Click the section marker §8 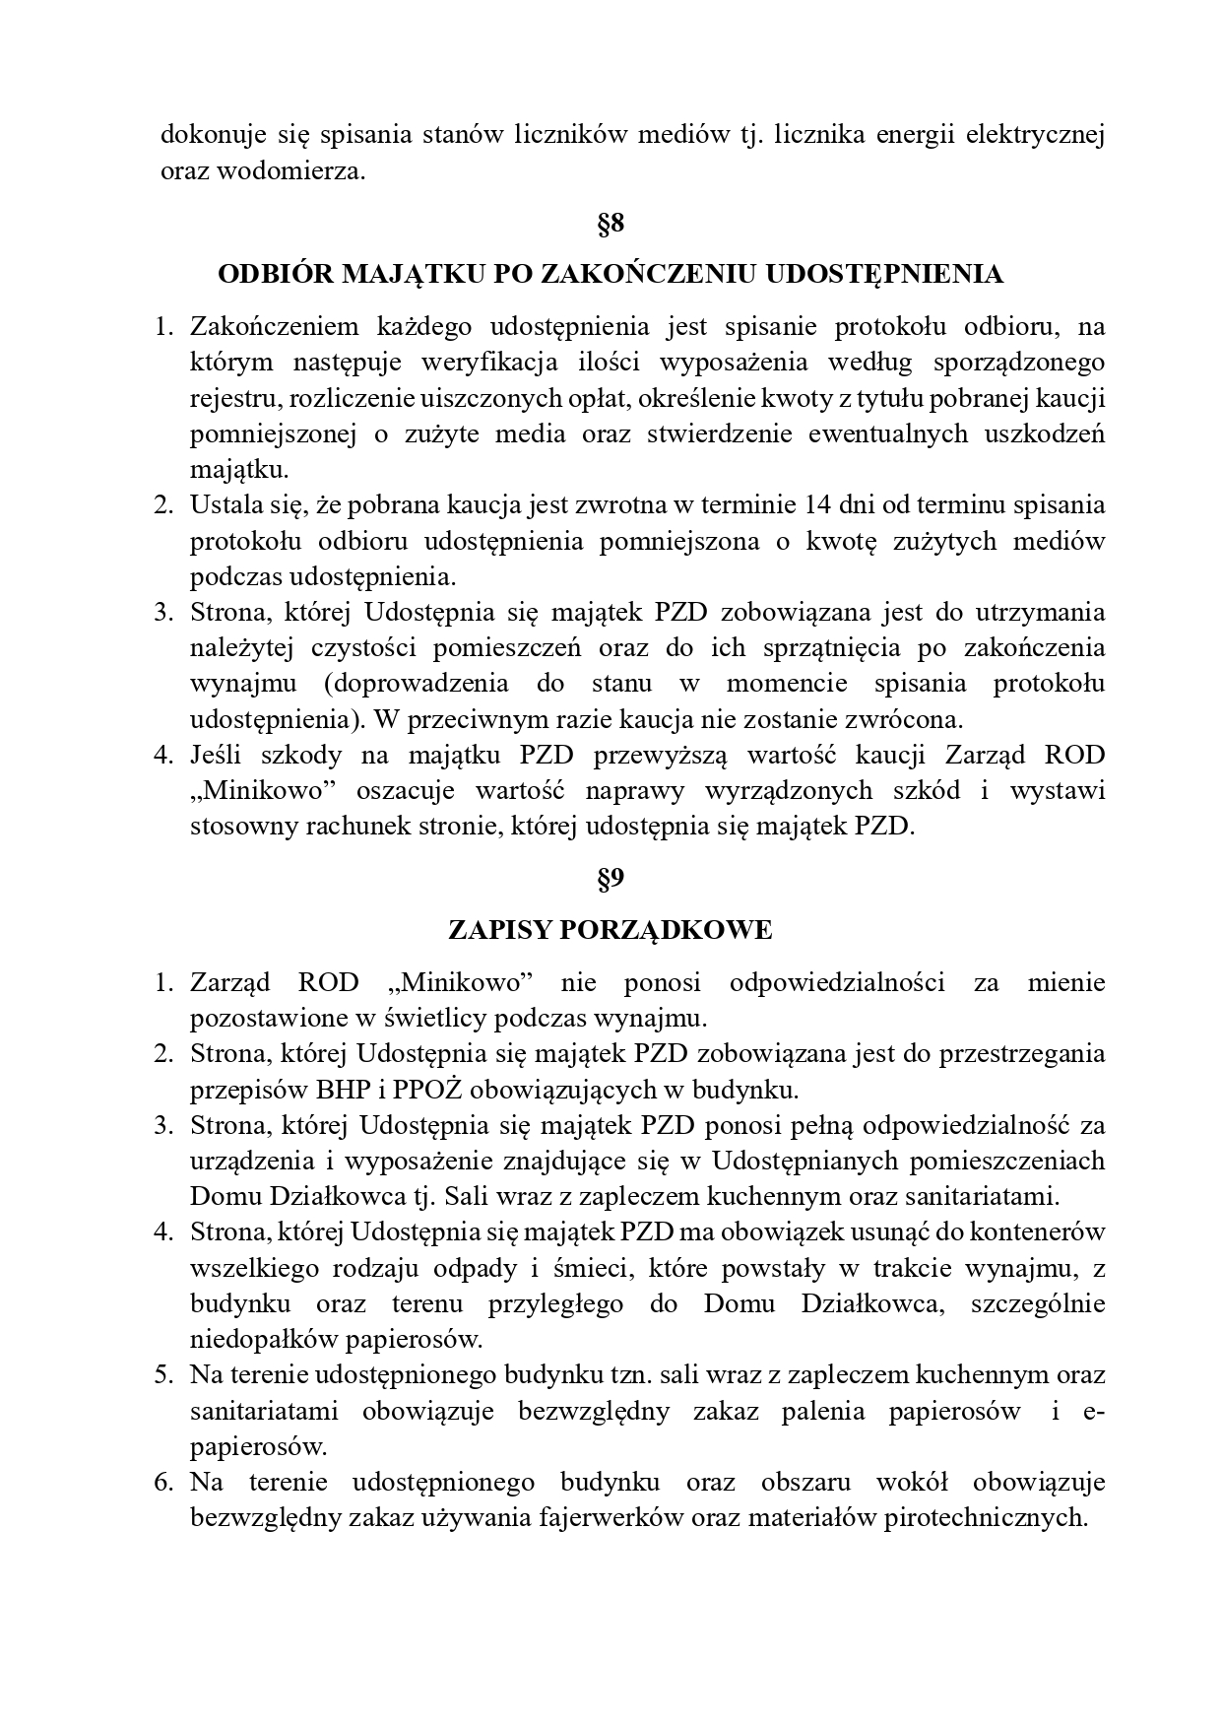pyautogui.click(x=611, y=224)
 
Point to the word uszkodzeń pyautogui.click(x=1047, y=434)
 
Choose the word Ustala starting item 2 pyautogui.click(x=223, y=505)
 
